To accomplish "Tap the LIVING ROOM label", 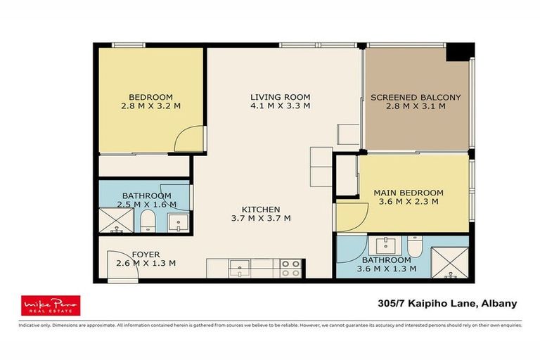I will [x=281, y=96].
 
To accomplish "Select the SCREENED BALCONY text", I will [x=416, y=97].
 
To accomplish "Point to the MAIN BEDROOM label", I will [x=408, y=192].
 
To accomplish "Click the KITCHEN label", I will [x=261, y=209].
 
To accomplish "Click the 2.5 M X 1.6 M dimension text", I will [x=146, y=205].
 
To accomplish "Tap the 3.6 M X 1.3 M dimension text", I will [x=387, y=268].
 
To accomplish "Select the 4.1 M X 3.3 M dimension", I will [x=281, y=106].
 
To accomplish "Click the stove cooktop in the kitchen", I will [x=291, y=268].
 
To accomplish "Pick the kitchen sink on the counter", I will [x=240, y=268].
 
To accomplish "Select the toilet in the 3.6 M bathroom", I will [x=414, y=247].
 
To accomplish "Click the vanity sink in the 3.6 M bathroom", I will [x=385, y=245].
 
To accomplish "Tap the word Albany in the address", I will [x=498, y=304].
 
